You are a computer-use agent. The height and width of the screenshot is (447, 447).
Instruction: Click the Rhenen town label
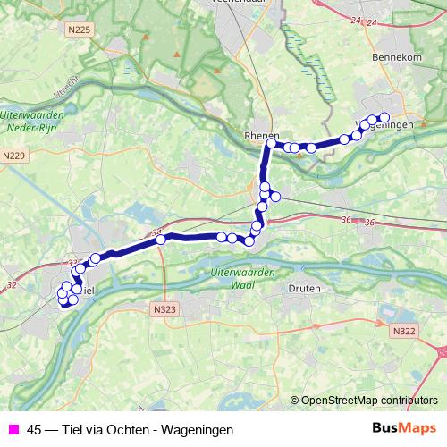[261, 135]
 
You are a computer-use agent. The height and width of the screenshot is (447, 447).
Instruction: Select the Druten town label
[304, 289]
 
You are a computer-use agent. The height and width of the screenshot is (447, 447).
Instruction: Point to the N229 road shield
[13, 156]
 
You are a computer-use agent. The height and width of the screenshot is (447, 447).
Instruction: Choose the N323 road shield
[164, 309]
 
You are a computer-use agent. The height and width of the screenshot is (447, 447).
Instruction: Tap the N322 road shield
[403, 331]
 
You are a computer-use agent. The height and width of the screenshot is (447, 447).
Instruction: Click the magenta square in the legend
[13, 430]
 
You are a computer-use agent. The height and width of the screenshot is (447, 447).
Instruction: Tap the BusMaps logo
[405, 428]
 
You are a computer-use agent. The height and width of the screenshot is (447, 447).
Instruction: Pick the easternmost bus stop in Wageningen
[385, 116]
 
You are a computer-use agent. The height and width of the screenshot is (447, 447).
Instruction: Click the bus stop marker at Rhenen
[271, 143]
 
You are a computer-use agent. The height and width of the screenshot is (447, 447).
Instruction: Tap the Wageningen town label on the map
[390, 125]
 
